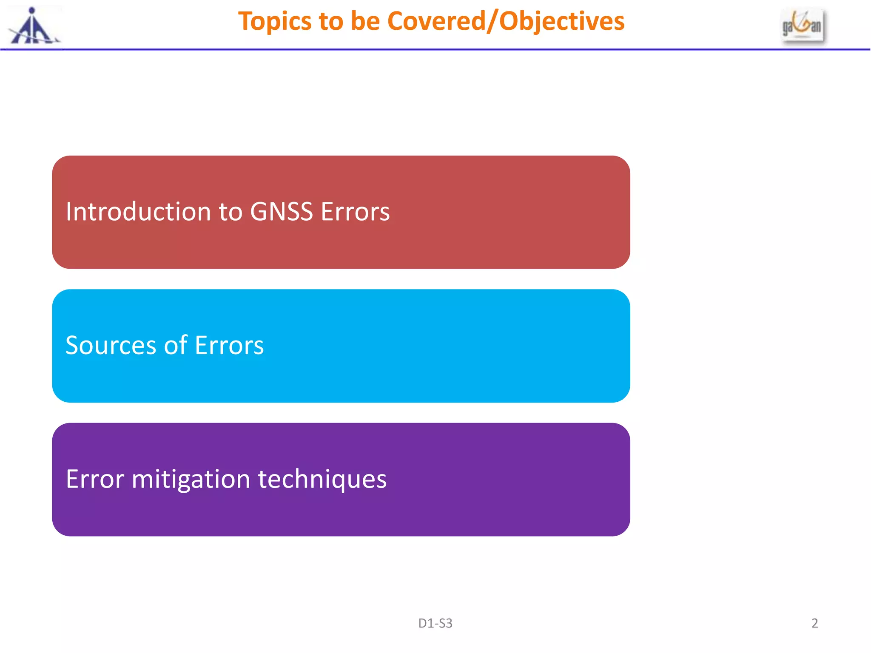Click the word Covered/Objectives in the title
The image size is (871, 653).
pos(506,21)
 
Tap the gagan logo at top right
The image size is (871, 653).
pos(802,26)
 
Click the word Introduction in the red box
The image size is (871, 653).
pos(138,212)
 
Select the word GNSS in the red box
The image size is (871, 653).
pos(281,212)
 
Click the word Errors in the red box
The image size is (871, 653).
pos(355,212)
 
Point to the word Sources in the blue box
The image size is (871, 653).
pos(111,345)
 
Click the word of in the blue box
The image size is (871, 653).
pos(176,345)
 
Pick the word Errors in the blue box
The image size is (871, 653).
pos(229,345)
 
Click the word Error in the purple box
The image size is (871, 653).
pos(95,479)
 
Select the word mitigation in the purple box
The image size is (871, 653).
pos(191,479)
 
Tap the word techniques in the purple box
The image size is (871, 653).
pos(322,479)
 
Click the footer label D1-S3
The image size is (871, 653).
pos(435,623)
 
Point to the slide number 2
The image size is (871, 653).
pos(814,623)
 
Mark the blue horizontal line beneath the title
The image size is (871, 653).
pos(435,50)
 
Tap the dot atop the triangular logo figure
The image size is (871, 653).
pos(32,11)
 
